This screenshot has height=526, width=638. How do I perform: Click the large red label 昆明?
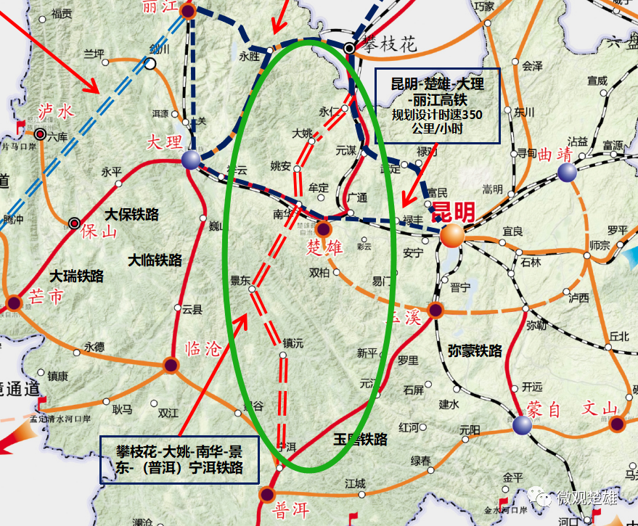coord(454,212)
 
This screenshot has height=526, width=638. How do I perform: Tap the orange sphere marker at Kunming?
coord(452,234)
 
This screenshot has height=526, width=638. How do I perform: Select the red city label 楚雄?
coord(324,247)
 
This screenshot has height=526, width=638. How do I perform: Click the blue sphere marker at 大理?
coord(192,160)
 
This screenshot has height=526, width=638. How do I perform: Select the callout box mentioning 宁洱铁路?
coord(181,459)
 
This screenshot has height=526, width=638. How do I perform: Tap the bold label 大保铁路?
coord(131,215)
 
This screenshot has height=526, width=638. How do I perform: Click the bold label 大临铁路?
coord(155,259)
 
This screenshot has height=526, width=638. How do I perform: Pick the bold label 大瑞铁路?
coord(76,276)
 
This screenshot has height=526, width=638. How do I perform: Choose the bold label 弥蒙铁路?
coord(475,351)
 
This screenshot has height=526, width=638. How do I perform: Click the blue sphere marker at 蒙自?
coord(522,424)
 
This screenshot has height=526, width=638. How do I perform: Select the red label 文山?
coord(600,408)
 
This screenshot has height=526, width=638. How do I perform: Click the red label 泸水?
coord(56,111)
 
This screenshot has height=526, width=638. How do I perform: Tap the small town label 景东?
coord(240,280)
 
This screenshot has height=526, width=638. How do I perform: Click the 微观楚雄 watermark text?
coord(586,498)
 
